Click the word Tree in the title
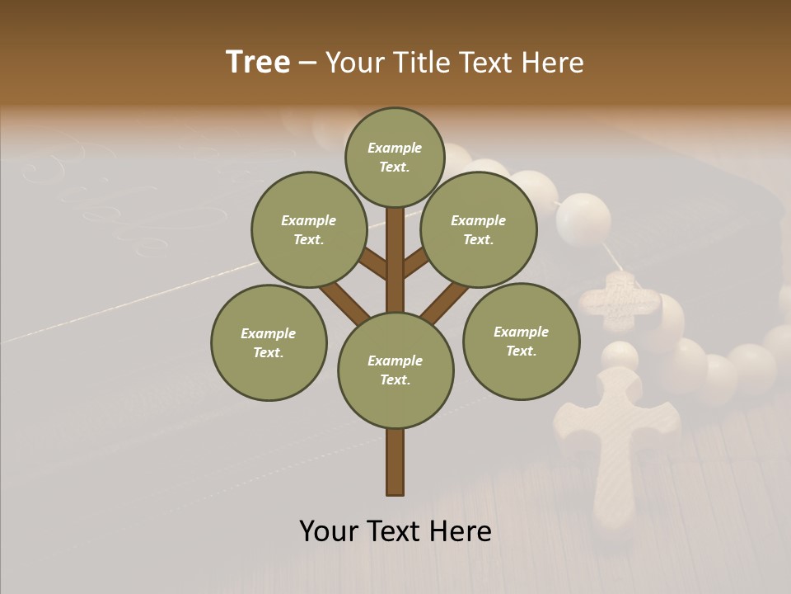point(258,63)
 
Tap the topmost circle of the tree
point(395,157)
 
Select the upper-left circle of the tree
point(308,229)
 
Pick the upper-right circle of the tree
point(479,229)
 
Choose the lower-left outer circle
point(269,342)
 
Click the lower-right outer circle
point(521,341)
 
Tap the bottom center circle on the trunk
point(395,370)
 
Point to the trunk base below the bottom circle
point(395,462)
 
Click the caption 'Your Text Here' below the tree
point(395,531)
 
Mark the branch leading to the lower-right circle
point(445,300)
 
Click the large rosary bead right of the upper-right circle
point(583,220)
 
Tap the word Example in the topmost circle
point(395,148)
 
